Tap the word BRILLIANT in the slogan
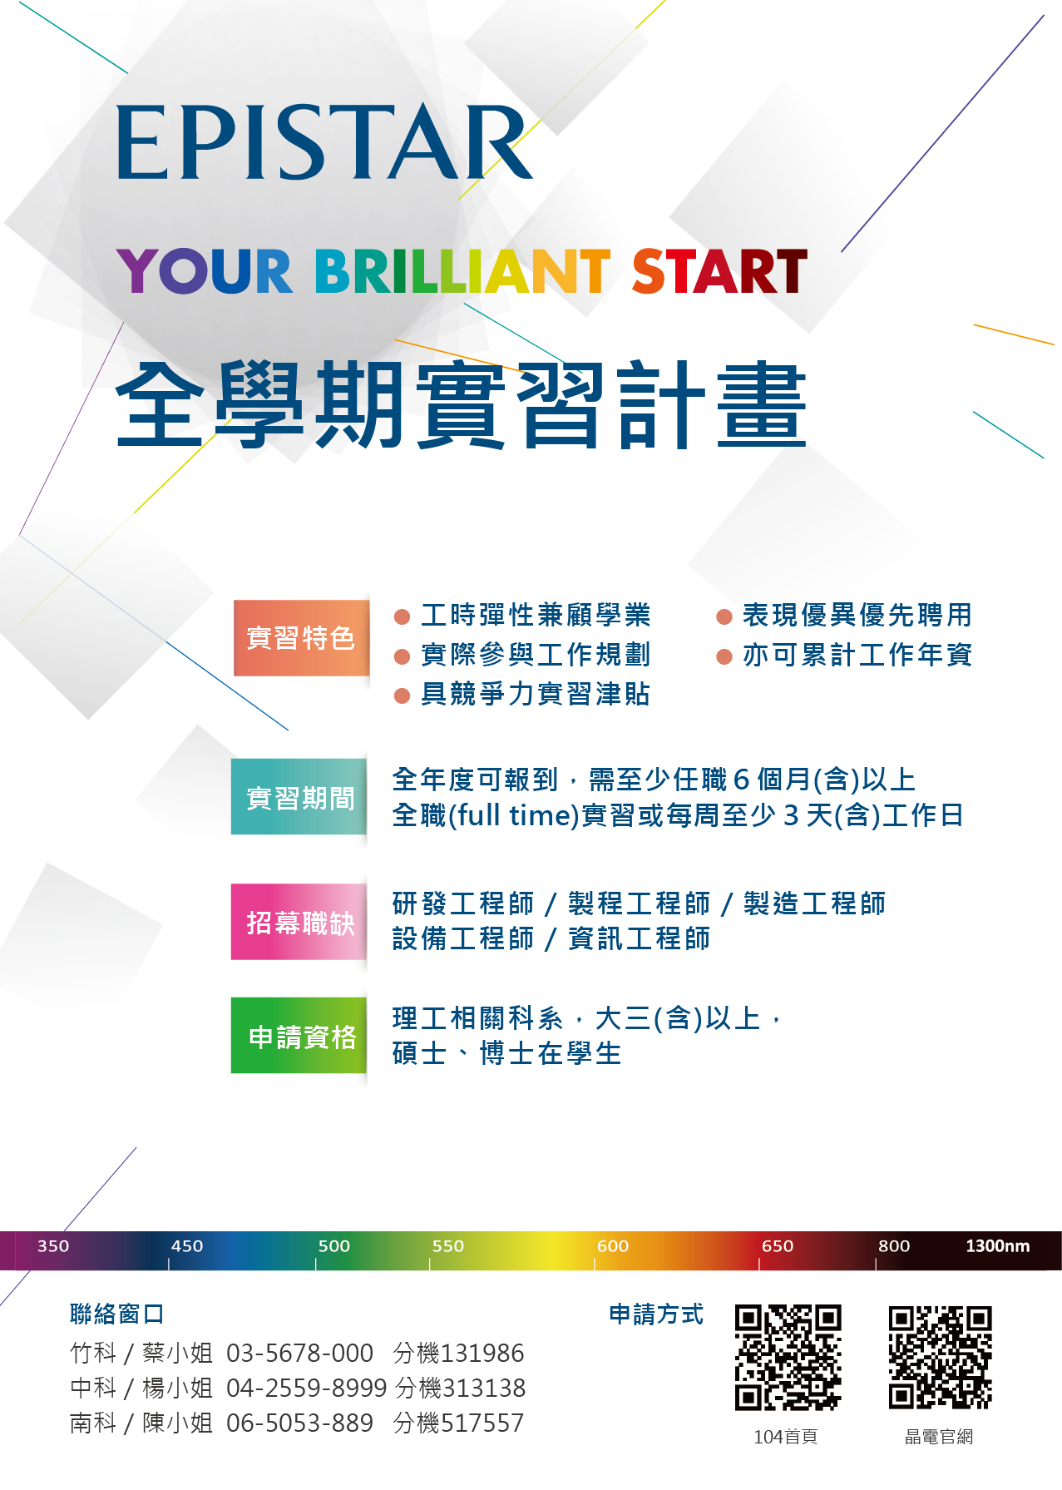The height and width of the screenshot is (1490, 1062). point(462,271)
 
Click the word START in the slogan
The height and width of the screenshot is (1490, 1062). point(719,271)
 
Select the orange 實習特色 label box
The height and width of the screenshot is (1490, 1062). point(301,638)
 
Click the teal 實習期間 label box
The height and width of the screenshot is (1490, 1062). point(299,797)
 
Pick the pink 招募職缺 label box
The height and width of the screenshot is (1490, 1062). point(299,922)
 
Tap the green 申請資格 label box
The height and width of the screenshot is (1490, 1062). point(299,1036)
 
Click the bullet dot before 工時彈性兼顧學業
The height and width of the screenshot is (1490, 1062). point(403,616)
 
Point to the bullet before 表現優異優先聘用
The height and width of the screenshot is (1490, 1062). point(724,616)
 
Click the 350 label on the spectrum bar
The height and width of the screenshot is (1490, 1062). point(53,1246)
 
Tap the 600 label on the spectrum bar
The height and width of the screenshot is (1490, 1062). point(613,1246)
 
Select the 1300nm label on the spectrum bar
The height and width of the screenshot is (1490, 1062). point(998,1246)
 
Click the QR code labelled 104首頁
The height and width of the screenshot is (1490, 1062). point(788,1358)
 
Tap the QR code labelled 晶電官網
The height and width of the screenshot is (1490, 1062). point(940,1358)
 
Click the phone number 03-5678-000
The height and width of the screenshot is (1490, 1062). point(299,1354)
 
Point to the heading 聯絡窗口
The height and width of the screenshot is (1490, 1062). point(117,1314)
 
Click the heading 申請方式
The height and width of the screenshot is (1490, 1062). point(656,1314)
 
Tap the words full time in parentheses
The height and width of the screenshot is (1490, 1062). point(514,815)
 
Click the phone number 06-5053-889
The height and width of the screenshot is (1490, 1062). point(299,1423)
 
